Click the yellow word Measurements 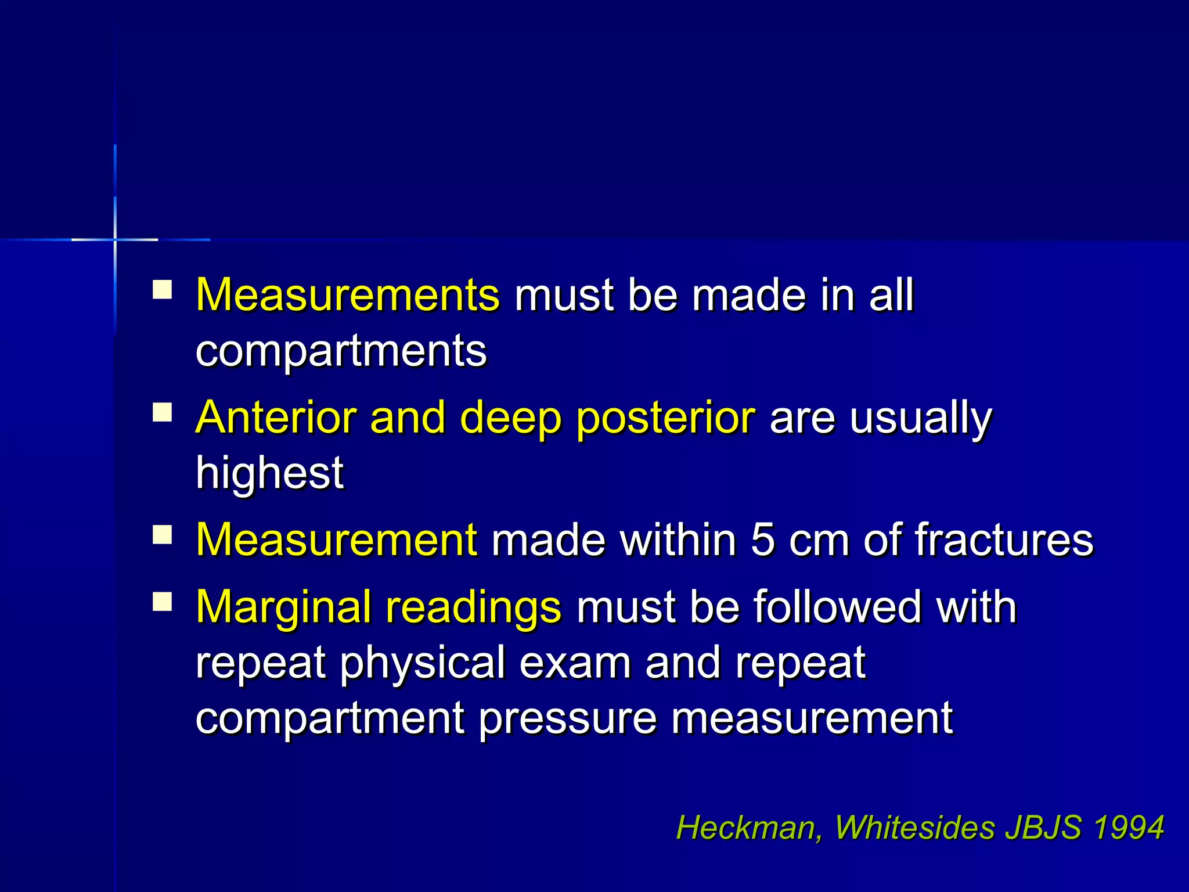click(347, 295)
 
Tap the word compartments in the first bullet click(341, 351)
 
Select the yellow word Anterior click(275, 418)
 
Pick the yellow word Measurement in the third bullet click(337, 540)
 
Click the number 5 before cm click(762, 540)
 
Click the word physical click(422, 664)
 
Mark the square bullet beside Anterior click(163, 413)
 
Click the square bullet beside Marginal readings click(163, 602)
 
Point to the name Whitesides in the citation click(915, 828)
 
